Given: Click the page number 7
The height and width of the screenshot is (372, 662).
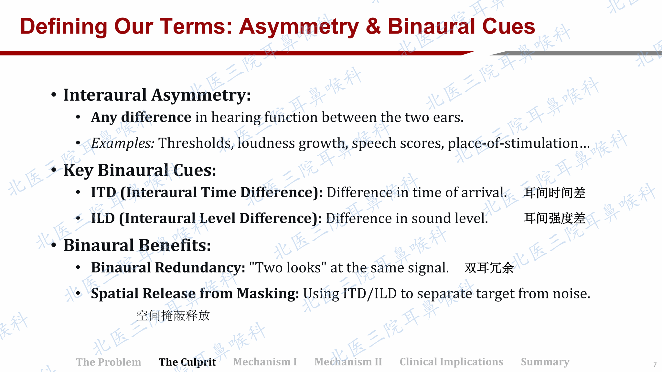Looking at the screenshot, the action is [x=655, y=365].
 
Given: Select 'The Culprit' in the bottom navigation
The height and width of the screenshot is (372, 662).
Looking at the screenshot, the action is [x=187, y=362].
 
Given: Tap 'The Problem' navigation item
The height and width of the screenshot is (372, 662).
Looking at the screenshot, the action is [x=109, y=362].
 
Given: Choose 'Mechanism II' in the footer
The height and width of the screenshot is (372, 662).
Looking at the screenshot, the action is [x=348, y=362].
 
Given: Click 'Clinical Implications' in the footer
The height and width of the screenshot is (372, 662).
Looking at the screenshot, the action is [x=451, y=362].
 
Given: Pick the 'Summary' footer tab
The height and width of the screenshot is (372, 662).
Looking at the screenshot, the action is [x=545, y=362].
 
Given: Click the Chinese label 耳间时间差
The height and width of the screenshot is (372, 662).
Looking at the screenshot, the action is [x=555, y=193].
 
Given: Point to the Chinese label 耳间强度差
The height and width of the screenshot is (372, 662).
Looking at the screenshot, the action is [x=555, y=218].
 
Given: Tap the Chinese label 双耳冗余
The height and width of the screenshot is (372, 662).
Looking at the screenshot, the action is [x=489, y=268].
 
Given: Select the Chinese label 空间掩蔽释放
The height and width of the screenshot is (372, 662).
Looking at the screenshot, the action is [x=173, y=315].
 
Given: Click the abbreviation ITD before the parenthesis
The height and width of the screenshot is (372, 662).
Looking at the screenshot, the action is [x=103, y=192].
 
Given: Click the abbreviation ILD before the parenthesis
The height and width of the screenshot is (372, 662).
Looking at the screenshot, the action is [x=103, y=218].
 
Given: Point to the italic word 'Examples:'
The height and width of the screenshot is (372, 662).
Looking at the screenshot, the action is [x=123, y=143].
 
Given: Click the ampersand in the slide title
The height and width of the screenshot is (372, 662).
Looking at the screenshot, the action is [x=373, y=26].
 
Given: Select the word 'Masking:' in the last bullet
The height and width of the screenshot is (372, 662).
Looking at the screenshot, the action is [x=268, y=294].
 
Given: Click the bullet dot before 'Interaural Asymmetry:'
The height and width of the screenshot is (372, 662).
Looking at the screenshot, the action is [x=54, y=95].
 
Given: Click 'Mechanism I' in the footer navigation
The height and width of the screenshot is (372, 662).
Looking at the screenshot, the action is [x=265, y=362].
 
